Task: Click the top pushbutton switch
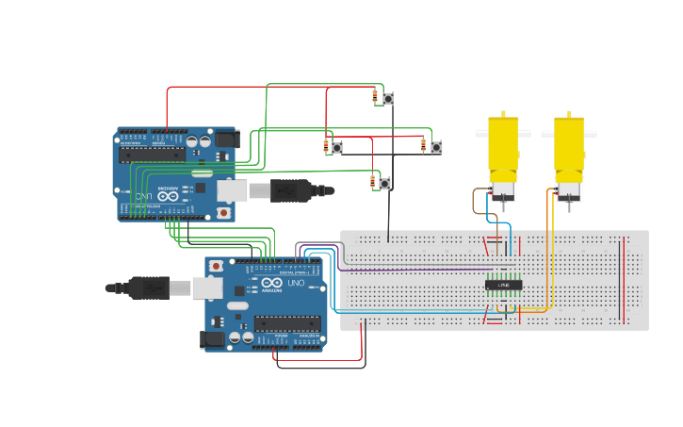(x=387, y=98)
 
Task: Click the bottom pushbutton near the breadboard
(x=384, y=183)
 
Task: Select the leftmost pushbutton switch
(x=336, y=147)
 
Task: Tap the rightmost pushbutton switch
(x=436, y=147)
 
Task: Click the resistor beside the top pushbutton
(x=375, y=95)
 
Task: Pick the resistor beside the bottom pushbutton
(x=373, y=180)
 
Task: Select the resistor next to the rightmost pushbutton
(x=424, y=144)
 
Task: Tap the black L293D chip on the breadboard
(x=503, y=285)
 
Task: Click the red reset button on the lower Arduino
(x=217, y=267)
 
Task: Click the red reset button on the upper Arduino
(x=223, y=213)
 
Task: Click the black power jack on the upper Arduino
(x=227, y=140)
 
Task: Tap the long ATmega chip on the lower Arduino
(x=286, y=323)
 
